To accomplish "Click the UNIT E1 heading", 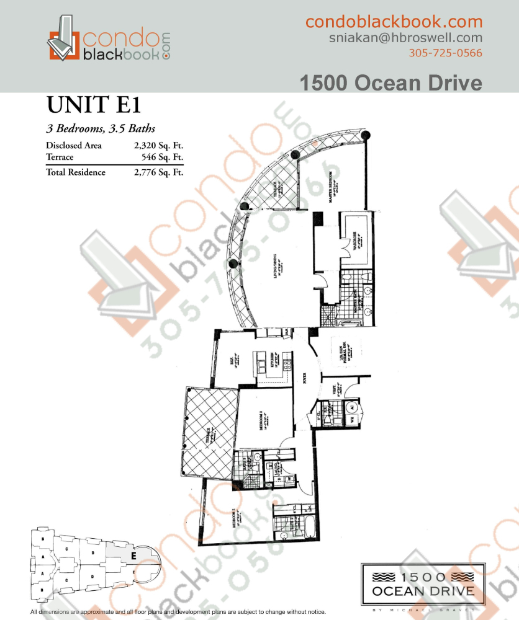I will click(x=92, y=106).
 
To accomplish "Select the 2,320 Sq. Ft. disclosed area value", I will click(x=159, y=146).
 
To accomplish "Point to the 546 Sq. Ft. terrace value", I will click(x=163, y=157).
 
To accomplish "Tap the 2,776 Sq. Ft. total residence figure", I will click(x=159, y=172).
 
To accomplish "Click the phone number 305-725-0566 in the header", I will click(x=445, y=53).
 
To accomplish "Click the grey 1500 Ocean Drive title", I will click(x=391, y=82).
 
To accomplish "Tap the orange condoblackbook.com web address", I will click(x=394, y=22).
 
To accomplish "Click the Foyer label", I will click(x=305, y=379).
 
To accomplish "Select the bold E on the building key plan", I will click(x=133, y=556).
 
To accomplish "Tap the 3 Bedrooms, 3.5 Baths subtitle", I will click(x=101, y=129).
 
